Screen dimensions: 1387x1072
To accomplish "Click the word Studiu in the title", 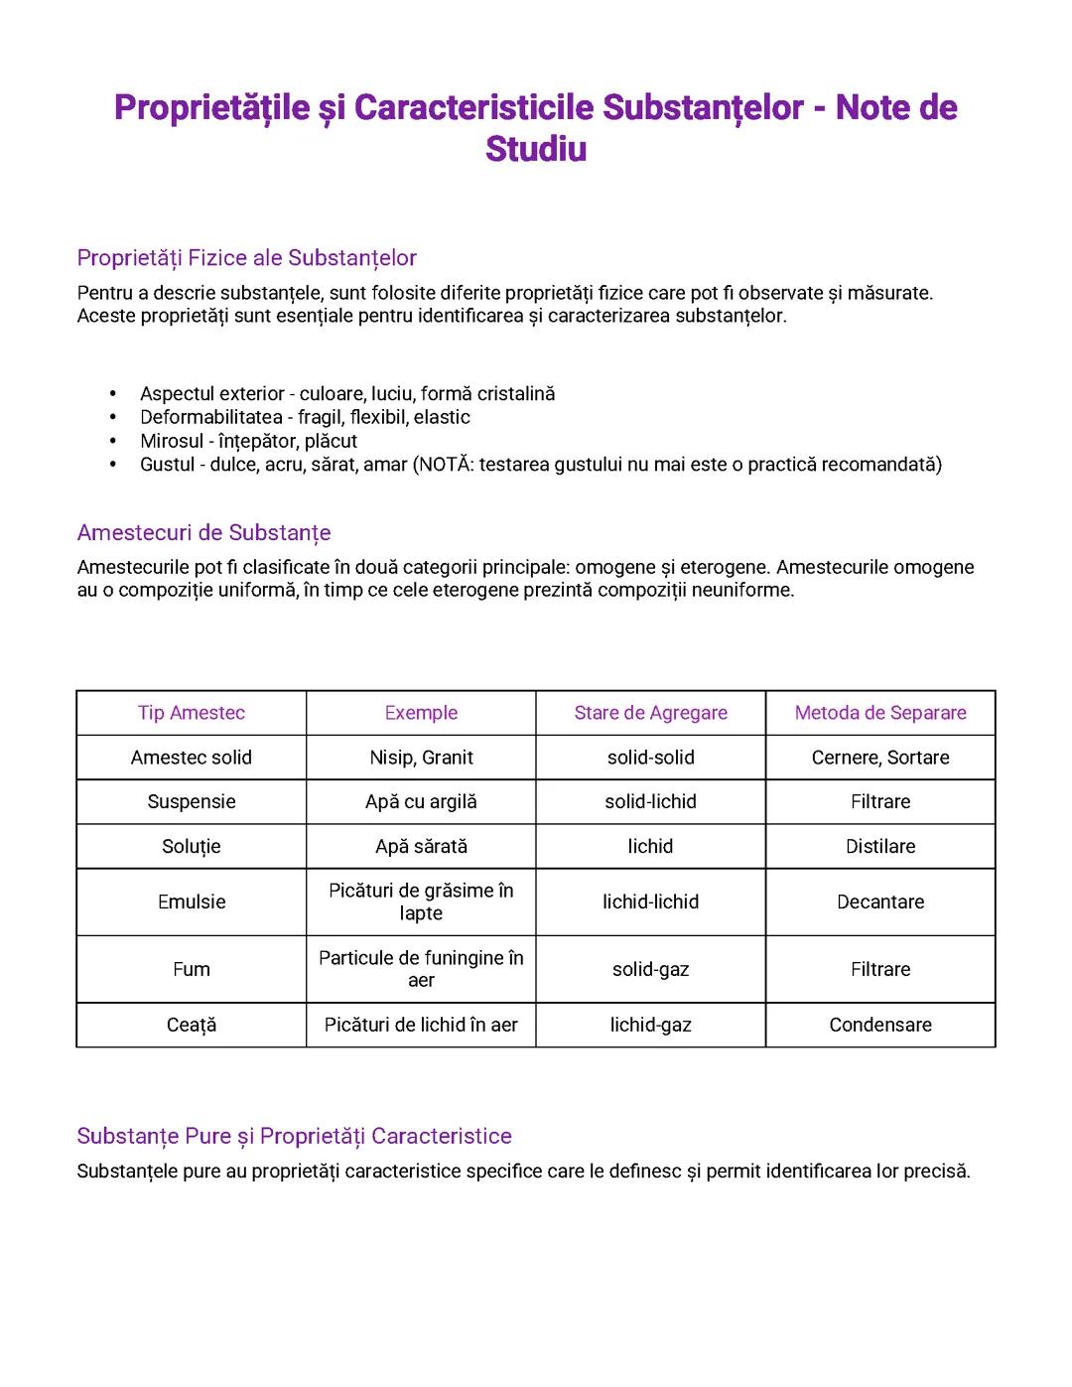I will pyautogui.click(x=536, y=149).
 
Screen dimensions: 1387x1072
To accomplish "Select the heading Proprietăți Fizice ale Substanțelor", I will pyautogui.click(x=246, y=258).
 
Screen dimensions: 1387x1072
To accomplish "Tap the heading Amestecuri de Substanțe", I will pyautogui.click(x=203, y=533).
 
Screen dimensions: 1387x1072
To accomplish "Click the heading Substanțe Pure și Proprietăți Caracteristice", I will pyautogui.click(x=294, y=1136).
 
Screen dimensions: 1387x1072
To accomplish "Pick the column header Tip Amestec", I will pyautogui.click(x=192, y=713).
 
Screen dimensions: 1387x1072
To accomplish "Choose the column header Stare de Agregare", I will pyautogui.click(x=650, y=713).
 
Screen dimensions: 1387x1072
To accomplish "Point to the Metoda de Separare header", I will pyautogui.click(x=880, y=713).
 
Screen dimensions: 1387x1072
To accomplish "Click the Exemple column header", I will pyautogui.click(x=421, y=713).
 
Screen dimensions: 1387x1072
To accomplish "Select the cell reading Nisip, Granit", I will pyautogui.click(x=421, y=758).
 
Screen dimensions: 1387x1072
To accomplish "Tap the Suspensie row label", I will pyautogui.click(x=192, y=801).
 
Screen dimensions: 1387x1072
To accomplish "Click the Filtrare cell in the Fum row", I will pyautogui.click(x=880, y=969).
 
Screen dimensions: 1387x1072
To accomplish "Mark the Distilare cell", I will pyautogui.click(x=880, y=846).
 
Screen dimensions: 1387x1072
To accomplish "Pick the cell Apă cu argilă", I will pyautogui.click(x=421, y=801).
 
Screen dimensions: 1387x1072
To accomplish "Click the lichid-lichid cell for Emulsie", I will pyautogui.click(x=650, y=902).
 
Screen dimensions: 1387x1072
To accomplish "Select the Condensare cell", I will pyautogui.click(x=880, y=1025).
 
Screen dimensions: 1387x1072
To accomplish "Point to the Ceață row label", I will pyautogui.click(x=192, y=1025).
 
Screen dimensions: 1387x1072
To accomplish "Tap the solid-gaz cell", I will pyautogui.click(x=650, y=969).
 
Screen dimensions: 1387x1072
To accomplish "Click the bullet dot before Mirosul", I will pyautogui.click(x=113, y=441).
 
